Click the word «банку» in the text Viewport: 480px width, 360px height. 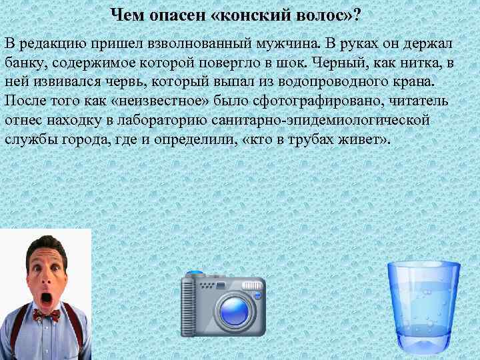click(x=26, y=63)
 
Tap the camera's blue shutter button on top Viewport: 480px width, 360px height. click(x=195, y=273)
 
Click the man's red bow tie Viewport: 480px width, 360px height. click(x=46, y=314)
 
